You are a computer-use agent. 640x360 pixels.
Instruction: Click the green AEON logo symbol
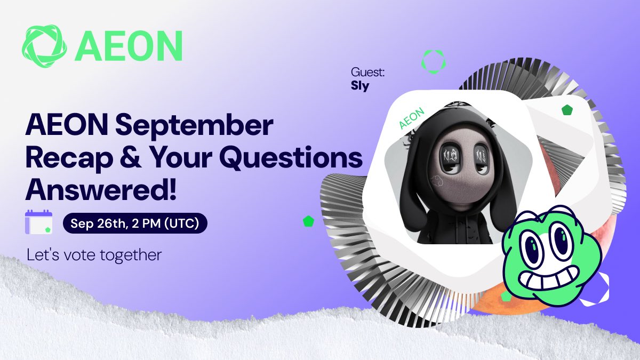pyautogui.click(x=44, y=46)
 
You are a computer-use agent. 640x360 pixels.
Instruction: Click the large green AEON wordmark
pyautogui.click(x=129, y=46)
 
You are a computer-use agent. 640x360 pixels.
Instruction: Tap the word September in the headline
pyautogui.click(x=194, y=126)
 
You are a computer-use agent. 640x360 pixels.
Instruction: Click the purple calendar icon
pyautogui.click(x=38, y=222)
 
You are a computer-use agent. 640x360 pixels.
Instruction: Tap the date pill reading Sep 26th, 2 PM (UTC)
pyautogui.click(x=135, y=223)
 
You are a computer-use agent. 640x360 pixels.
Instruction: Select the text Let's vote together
pyautogui.click(x=94, y=255)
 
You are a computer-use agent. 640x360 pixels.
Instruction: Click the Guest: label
pyautogui.click(x=367, y=72)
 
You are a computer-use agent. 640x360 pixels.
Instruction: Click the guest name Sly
pyautogui.click(x=360, y=86)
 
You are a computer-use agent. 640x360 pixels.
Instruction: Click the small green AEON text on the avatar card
pyautogui.click(x=412, y=118)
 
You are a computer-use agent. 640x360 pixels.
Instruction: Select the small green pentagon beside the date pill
pyautogui.click(x=309, y=221)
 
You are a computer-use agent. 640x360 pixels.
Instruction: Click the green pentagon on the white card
pyautogui.click(x=567, y=110)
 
